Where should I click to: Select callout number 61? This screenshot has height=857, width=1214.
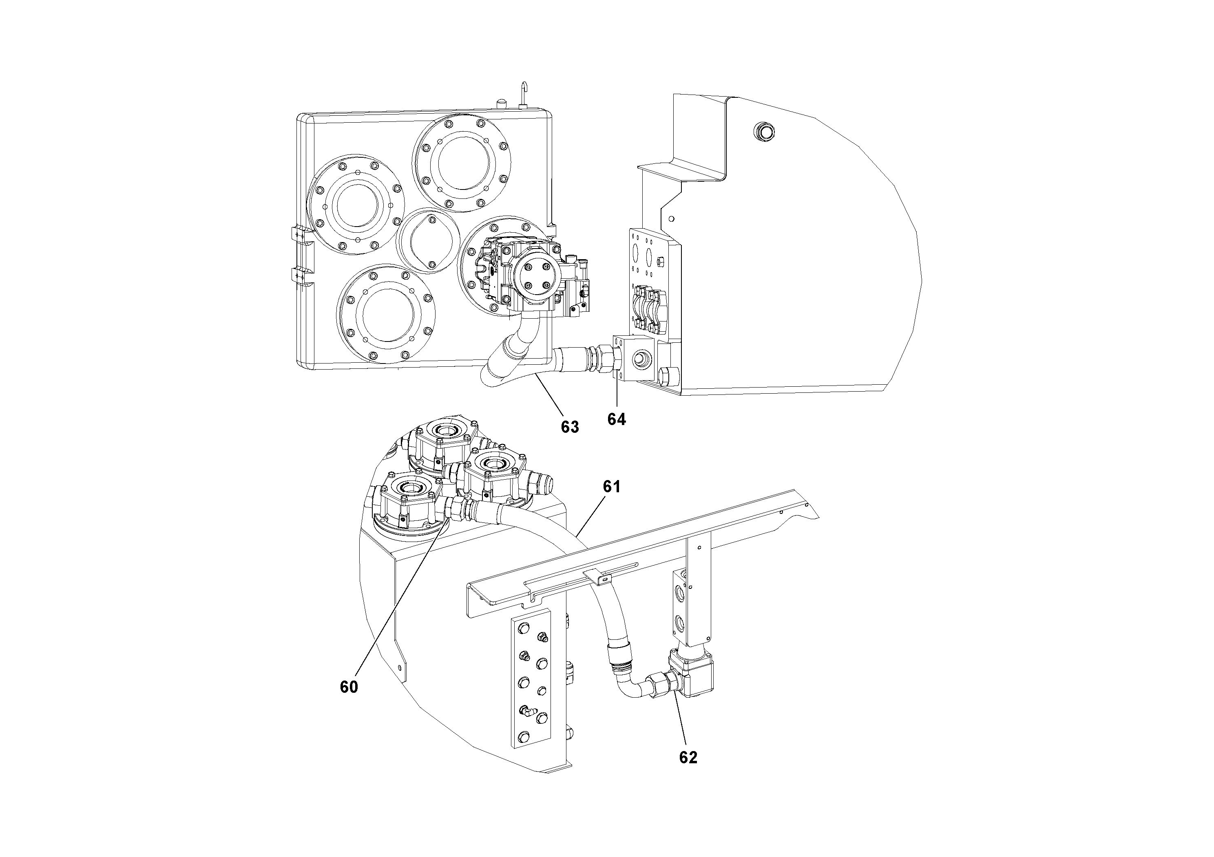pos(611,487)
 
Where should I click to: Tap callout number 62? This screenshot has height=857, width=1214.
pos(688,757)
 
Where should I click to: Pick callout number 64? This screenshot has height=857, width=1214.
pos(617,419)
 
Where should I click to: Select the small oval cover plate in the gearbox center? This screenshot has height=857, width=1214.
pos(428,240)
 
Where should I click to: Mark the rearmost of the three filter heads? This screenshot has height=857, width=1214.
pos(440,441)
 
